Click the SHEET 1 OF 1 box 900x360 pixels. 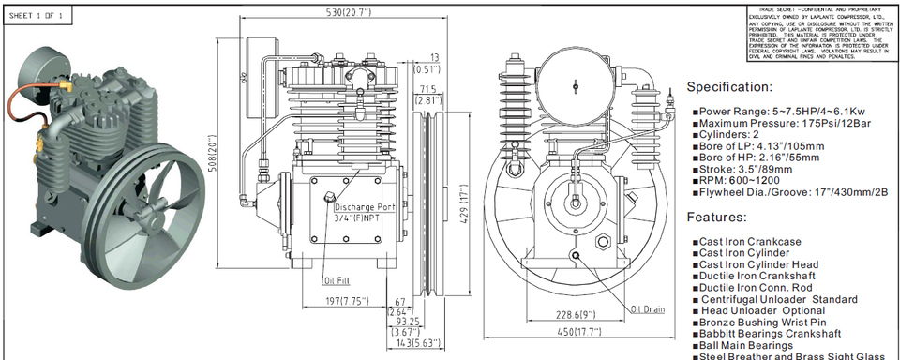(x=37, y=16)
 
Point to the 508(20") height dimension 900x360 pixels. (x=212, y=157)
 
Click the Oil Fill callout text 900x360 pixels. (x=337, y=279)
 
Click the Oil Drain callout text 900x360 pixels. (x=648, y=308)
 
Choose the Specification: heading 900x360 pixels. (x=742, y=87)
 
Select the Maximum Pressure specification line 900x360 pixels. (x=774, y=123)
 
